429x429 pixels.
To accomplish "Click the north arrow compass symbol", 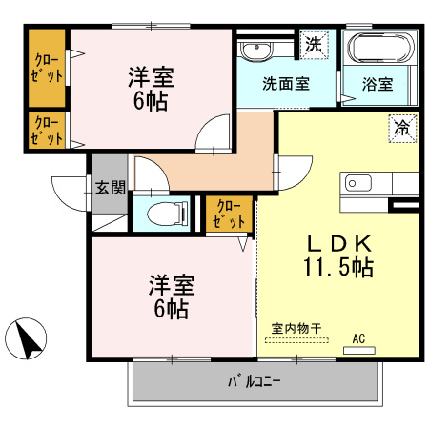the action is (x=26, y=338).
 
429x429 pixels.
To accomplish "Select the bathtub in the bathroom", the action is (x=381, y=48).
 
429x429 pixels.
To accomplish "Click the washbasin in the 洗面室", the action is (x=257, y=51).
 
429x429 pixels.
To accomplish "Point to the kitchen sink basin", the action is (x=358, y=183).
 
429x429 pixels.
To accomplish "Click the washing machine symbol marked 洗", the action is (x=314, y=45).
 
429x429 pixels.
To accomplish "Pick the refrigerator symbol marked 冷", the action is (x=402, y=129).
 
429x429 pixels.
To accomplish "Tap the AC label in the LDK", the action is (x=358, y=338).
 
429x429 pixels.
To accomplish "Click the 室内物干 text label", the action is (x=296, y=328).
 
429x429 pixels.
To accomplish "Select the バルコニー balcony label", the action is (x=254, y=381).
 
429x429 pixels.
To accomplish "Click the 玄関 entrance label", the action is (x=111, y=188).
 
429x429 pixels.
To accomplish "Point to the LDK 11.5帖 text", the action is (x=338, y=255).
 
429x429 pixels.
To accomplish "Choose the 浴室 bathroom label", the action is (x=378, y=84).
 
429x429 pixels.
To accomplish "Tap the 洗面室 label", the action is (x=286, y=84).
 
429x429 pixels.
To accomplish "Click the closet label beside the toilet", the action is (x=229, y=214).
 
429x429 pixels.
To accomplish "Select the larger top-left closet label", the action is (x=47, y=68).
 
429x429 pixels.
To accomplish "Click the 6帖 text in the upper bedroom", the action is (x=151, y=101).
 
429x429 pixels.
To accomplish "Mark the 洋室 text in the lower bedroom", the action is (x=172, y=285).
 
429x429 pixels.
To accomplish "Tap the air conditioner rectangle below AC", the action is (x=359, y=350).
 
